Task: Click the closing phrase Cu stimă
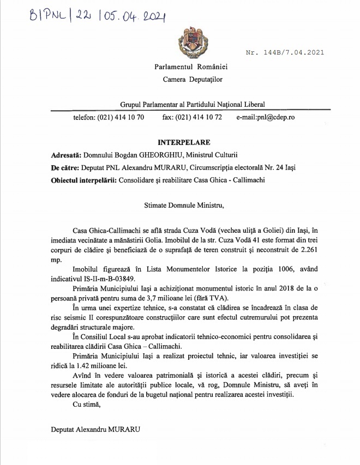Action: click(85, 404)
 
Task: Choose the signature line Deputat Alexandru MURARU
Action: click(95, 428)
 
